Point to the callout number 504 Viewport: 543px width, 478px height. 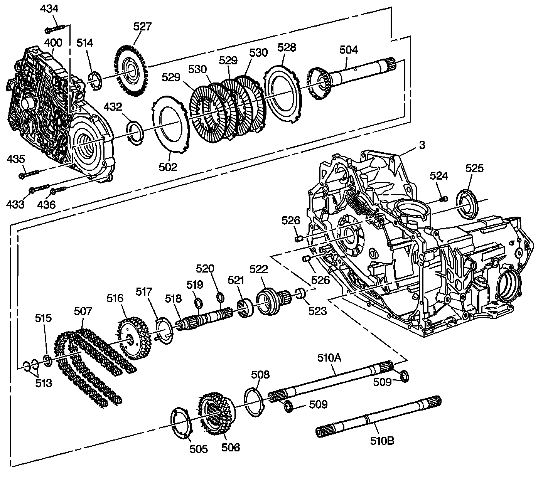point(349,50)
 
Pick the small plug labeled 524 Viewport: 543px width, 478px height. point(444,199)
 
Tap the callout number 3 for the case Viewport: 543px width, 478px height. point(422,145)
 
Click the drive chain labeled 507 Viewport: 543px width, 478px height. point(93,366)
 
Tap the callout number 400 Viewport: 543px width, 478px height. point(53,42)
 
